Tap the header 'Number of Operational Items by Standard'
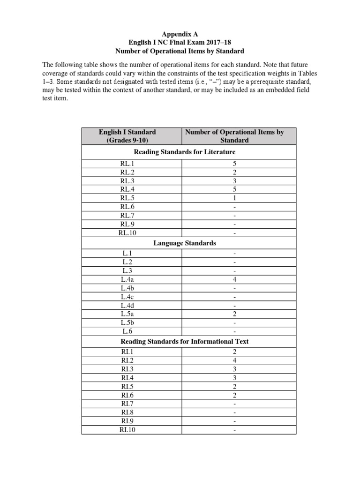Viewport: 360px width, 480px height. pos(234,136)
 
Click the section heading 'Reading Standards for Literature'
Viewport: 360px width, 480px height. pos(185,152)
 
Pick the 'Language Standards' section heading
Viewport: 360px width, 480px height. pos(185,243)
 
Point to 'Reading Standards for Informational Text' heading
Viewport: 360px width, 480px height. pos(185,341)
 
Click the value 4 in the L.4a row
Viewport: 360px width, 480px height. pos(234,279)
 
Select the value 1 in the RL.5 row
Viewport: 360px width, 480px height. pos(234,198)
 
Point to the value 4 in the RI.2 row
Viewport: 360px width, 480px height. pos(234,360)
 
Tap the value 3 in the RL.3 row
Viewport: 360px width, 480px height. pos(234,181)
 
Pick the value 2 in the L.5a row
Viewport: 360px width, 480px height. pos(234,314)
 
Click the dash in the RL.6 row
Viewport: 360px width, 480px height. pos(234,207)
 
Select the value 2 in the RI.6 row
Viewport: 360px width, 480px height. pos(234,395)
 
